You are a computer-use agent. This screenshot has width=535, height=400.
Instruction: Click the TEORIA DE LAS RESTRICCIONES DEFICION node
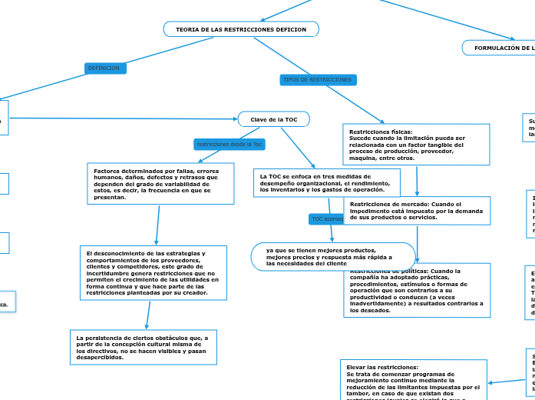pos(241,29)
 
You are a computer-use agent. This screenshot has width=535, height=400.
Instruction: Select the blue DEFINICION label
pos(104,68)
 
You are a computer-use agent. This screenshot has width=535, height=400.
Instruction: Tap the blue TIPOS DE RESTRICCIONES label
pos(318,80)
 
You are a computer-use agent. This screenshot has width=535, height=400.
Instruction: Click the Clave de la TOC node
pos(273,119)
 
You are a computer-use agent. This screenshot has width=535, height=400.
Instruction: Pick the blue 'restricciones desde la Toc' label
pos(230,144)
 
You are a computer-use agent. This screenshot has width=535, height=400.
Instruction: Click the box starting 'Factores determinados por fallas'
pos(161,184)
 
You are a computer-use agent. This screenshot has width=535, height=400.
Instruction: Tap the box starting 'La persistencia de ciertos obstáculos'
pos(145,347)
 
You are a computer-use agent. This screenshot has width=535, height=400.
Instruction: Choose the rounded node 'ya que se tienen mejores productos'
pos(333,256)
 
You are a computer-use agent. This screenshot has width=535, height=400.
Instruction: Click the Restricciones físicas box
pos(414,144)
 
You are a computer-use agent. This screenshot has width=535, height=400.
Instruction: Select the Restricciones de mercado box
pos(416,210)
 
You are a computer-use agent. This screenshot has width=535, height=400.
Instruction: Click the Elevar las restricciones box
pos(413,380)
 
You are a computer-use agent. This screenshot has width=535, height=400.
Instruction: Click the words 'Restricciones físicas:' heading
pos(381,132)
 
